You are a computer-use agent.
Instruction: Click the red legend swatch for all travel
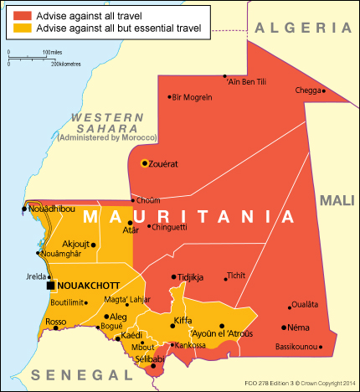click(x=21, y=14)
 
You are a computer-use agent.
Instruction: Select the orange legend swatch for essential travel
click(x=21, y=28)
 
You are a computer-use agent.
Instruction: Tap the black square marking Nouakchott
click(x=50, y=285)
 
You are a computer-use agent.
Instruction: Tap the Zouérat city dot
click(x=145, y=162)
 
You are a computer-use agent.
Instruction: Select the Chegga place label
click(x=307, y=90)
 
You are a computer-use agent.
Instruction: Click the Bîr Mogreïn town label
click(x=193, y=97)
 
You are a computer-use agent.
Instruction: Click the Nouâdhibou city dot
click(x=24, y=209)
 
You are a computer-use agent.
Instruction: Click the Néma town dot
click(x=285, y=327)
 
